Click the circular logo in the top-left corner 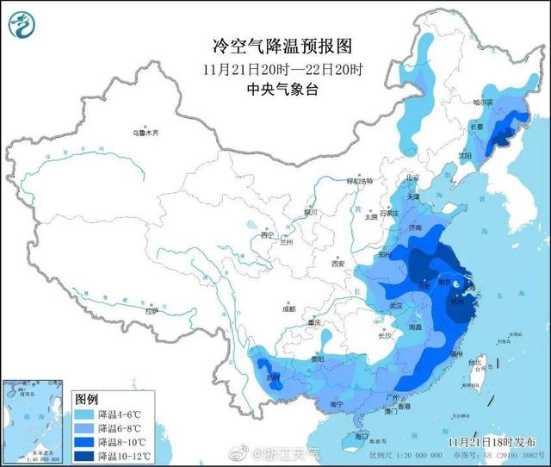tap(23, 23)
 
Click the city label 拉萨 tap(152, 311)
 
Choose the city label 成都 tap(287, 308)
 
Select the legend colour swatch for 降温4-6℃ tap(85, 414)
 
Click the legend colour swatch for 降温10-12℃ tap(85, 454)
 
